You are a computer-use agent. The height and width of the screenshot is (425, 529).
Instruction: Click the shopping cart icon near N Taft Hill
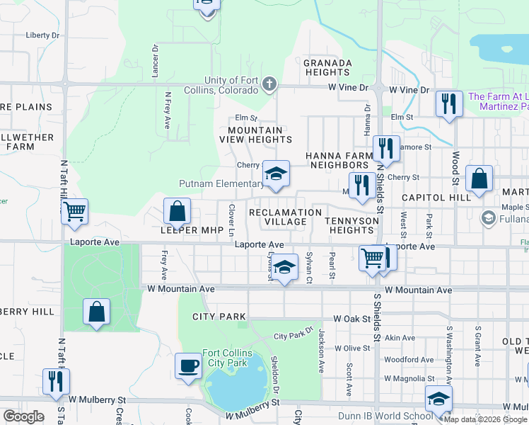tap(74, 210)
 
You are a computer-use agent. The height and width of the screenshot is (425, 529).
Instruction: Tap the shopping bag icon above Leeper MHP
tap(177, 210)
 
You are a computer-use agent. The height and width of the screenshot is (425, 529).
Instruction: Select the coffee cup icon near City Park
tap(188, 365)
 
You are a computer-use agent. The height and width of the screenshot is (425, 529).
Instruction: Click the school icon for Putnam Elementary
tap(277, 173)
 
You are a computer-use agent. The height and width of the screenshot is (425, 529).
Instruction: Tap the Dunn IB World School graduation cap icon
tap(438, 398)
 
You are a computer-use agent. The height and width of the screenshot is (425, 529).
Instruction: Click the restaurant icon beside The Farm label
tap(449, 103)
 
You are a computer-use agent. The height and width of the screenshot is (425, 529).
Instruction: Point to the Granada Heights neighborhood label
tap(327, 67)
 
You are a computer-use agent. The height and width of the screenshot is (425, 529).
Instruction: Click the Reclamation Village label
tap(286, 217)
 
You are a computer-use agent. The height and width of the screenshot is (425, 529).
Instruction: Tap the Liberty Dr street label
tap(42, 35)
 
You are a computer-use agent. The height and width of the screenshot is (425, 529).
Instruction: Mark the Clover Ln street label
tap(231, 220)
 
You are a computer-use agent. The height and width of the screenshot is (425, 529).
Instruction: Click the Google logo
tap(23, 416)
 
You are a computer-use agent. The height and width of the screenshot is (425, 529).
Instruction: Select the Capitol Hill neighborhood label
tap(436, 198)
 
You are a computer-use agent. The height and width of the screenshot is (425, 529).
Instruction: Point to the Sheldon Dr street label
tap(275, 373)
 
